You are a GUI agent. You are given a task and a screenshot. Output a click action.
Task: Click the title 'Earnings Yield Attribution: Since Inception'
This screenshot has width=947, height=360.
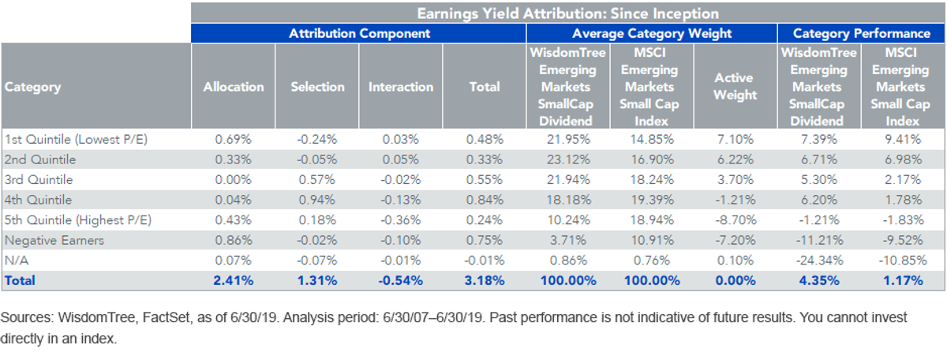tap(567, 13)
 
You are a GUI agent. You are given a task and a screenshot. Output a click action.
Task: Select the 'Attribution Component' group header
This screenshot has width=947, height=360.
tap(359, 33)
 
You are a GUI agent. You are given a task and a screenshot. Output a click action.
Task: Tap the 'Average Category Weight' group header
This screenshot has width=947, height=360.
tap(652, 33)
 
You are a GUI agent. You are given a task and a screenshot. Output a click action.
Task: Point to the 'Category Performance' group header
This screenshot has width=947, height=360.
tap(861, 33)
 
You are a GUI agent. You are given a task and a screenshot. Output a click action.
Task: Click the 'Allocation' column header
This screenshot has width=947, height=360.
tap(234, 87)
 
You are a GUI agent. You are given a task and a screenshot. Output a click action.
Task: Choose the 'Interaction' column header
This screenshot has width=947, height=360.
tap(401, 87)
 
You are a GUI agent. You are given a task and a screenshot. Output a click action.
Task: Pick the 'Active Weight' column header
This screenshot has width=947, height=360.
tap(736, 86)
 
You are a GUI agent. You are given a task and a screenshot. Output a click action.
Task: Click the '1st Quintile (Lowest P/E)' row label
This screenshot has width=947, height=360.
tap(76, 139)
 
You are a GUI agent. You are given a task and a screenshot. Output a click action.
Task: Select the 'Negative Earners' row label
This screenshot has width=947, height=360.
tap(54, 240)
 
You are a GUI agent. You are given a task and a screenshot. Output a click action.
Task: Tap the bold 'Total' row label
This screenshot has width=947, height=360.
tap(20, 280)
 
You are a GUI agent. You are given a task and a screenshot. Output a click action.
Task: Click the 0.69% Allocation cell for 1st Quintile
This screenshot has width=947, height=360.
tap(234, 139)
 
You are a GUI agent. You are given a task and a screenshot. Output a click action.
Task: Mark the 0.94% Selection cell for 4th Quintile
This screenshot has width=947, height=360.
tap(317, 200)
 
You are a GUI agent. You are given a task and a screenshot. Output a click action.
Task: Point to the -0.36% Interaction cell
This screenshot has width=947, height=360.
tap(401, 220)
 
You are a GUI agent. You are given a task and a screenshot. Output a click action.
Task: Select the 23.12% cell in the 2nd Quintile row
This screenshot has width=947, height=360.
tap(567, 159)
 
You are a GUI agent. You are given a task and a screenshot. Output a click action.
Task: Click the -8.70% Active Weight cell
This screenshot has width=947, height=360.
tap(736, 220)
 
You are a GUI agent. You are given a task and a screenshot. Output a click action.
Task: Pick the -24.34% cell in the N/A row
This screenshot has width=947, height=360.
tap(819, 261)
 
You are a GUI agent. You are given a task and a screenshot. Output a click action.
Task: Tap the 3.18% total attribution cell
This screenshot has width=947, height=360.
tap(485, 280)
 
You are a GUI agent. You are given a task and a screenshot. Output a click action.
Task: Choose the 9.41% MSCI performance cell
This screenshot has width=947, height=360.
tap(903, 139)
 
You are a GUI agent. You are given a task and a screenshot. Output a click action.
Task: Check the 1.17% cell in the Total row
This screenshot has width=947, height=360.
tap(903, 280)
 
